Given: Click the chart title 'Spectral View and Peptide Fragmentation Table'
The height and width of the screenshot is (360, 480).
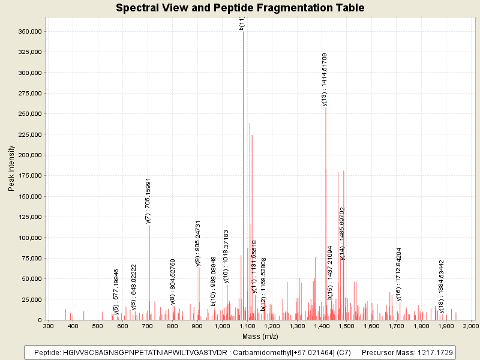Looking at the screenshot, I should [240, 8].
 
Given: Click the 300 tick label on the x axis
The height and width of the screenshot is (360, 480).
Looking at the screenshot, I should [48, 326].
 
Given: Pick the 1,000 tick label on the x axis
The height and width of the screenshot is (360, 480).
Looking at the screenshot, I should [222, 326].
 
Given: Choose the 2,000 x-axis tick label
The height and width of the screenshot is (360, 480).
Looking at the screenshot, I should [470, 326].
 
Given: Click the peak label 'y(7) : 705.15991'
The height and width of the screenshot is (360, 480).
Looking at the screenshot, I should [148, 200].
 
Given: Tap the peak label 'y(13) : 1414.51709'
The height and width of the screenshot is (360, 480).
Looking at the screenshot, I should [325, 79].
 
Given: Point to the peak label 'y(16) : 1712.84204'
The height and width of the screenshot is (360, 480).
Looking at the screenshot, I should [399, 274].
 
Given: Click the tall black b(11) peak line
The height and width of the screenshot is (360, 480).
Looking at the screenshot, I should [243, 180].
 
